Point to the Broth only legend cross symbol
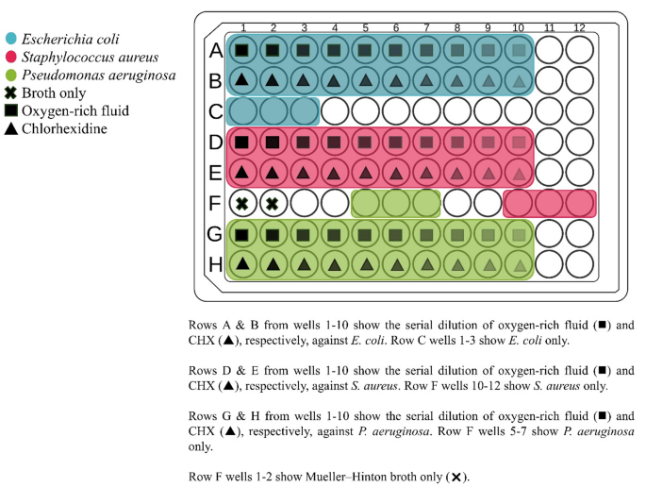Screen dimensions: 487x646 (x=11, y=93)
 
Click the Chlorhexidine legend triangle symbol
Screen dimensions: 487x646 (x=11, y=128)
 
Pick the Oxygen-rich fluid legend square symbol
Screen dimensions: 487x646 (x=11, y=110)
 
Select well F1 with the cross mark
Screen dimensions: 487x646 (x=242, y=203)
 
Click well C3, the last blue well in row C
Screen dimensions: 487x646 (x=304, y=110)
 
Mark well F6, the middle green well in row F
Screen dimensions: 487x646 (x=396, y=203)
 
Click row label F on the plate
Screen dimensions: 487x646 (x=215, y=203)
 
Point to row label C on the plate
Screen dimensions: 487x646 (x=215, y=111)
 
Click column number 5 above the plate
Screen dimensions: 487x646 (x=365, y=26)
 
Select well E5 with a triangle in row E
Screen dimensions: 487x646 (x=365, y=173)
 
